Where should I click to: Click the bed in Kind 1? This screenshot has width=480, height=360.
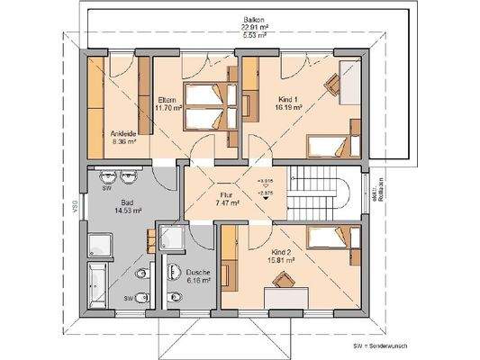[330, 144]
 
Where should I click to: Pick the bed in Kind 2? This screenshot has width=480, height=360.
[327, 238]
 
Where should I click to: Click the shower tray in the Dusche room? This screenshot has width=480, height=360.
[170, 238]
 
